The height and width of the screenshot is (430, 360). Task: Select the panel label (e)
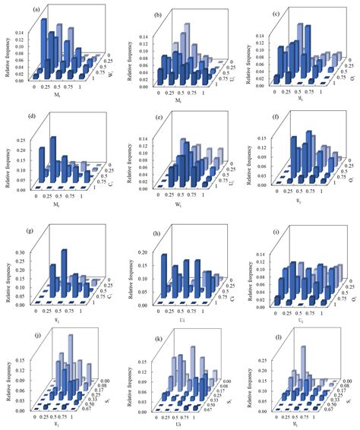pos(156,118)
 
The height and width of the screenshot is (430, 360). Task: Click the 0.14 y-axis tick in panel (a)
pos(19,33)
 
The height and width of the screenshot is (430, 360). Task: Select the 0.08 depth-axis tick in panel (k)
pos(219,390)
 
